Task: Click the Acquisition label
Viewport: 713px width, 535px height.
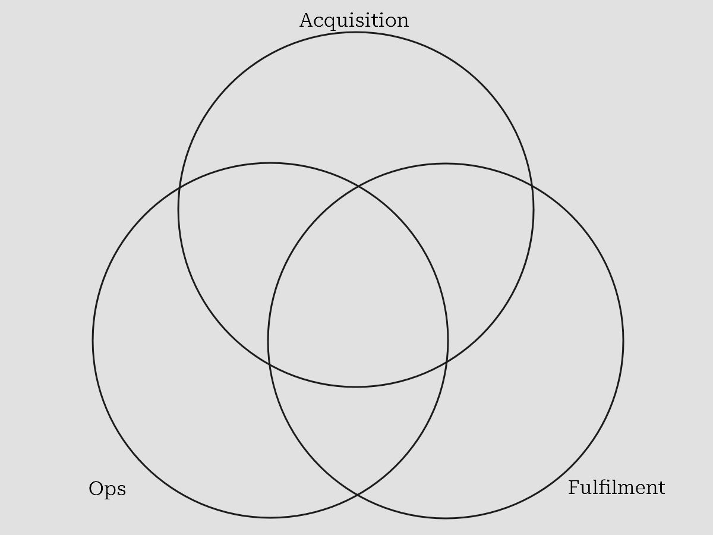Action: pos(354,20)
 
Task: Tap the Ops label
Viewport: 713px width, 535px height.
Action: pos(107,489)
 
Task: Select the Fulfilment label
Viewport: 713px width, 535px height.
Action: pos(616,488)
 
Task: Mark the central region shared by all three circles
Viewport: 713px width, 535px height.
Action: pos(357,285)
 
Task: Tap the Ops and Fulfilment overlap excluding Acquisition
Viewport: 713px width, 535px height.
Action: pos(357,434)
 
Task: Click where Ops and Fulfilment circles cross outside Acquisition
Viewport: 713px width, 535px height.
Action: pos(357,495)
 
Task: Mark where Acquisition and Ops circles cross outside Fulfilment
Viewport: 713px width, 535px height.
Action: pos(179,188)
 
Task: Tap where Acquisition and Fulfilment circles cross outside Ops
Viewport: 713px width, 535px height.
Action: pos(532,185)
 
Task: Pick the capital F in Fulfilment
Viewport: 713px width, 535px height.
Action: pos(574,487)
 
